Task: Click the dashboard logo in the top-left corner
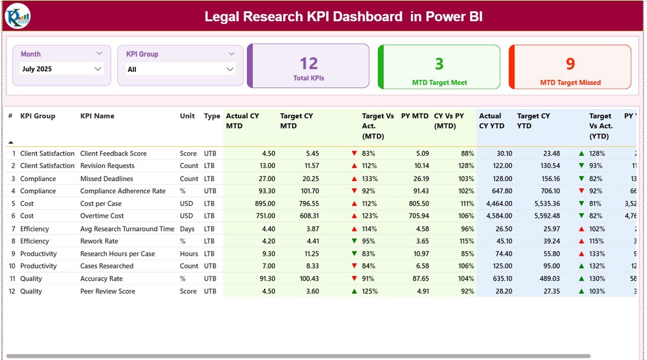(x=18, y=16)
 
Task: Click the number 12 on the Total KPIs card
(x=308, y=64)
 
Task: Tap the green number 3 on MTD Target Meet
(x=439, y=64)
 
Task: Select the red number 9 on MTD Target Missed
(x=570, y=64)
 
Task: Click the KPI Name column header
(x=97, y=116)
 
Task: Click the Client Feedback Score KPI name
(x=113, y=154)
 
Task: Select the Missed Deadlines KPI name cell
(x=107, y=179)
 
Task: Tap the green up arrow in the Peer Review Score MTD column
(x=354, y=291)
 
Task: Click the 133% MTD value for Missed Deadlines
(x=369, y=179)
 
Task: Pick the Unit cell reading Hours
(x=189, y=254)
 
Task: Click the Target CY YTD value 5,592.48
(x=546, y=216)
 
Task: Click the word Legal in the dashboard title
(x=221, y=17)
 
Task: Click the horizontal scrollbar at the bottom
(x=298, y=356)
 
